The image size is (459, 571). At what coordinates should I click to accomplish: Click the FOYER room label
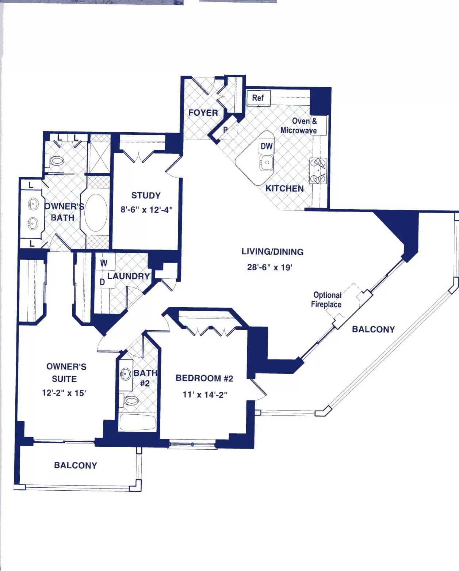pyautogui.click(x=203, y=113)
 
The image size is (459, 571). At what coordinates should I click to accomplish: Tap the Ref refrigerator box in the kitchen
pyautogui.click(x=259, y=98)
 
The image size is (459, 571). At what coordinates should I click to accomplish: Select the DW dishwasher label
pyautogui.click(x=266, y=146)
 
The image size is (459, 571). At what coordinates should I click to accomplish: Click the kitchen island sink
pyautogui.click(x=267, y=162)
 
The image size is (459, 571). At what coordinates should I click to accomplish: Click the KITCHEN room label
pyautogui.click(x=284, y=189)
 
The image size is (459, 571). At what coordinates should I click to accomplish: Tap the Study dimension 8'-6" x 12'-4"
pyautogui.click(x=146, y=210)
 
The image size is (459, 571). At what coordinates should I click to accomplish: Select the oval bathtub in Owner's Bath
pyautogui.click(x=96, y=212)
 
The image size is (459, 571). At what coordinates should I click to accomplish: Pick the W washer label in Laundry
pyautogui.click(x=104, y=263)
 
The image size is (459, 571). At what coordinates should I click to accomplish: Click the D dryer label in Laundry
pyautogui.click(x=102, y=283)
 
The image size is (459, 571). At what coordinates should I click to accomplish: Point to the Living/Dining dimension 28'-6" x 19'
pyautogui.click(x=269, y=267)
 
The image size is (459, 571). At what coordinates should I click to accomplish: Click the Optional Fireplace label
pyautogui.click(x=327, y=300)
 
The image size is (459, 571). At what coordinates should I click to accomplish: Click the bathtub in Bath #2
pyautogui.click(x=137, y=422)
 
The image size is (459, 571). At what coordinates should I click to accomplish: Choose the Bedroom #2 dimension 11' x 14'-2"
pyautogui.click(x=205, y=395)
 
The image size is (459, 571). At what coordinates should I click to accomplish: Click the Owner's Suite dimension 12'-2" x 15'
pyautogui.click(x=64, y=393)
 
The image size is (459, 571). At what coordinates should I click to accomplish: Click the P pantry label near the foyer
pyautogui.click(x=225, y=130)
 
